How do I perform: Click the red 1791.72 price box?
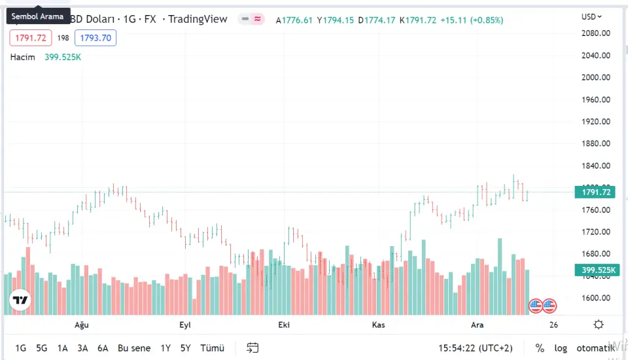31,38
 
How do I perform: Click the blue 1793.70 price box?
96,38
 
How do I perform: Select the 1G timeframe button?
21,348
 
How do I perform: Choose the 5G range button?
42,348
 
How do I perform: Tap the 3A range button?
82,348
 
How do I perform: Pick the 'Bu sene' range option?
134,348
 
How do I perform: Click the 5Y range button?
186,348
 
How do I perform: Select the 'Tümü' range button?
213,348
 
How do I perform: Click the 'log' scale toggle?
561,348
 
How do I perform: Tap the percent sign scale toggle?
540,348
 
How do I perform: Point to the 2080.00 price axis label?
596,33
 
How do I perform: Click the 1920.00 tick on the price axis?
596,122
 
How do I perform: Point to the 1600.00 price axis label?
596,298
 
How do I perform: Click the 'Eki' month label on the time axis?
284,325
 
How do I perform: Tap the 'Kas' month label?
379,325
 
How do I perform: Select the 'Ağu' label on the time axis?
81,325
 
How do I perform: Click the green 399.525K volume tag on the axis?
596,270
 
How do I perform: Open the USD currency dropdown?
592,16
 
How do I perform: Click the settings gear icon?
599,325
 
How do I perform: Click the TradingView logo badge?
21,300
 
